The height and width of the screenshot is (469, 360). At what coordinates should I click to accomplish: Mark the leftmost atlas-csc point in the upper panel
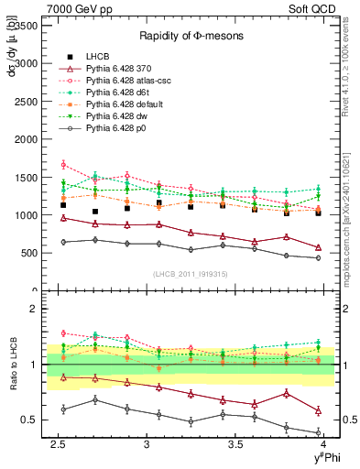coord(63,165)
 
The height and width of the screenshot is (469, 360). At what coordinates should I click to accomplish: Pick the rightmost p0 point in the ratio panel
coord(318,431)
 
